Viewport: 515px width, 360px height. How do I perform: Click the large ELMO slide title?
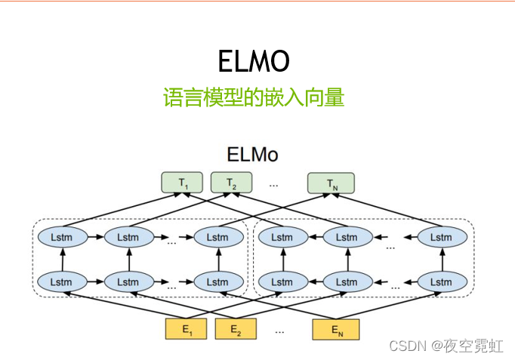pyautogui.click(x=254, y=61)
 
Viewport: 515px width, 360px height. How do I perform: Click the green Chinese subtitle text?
pyautogui.click(x=254, y=97)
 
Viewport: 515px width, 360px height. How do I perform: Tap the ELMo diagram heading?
pyautogui.click(x=252, y=155)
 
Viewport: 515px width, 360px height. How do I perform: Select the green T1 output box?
pyautogui.click(x=182, y=183)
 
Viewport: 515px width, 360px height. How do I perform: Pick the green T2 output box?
pyautogui.click(x=231, y=183)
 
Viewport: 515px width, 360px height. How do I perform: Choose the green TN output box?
pyautogui.click(x=331, y=183)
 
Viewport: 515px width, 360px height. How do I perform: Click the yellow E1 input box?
pyautogui.click(x=186, y=329)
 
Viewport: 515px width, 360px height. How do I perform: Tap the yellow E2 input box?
pyautogui.click(x=236, y=329)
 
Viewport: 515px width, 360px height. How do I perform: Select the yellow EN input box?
pyautogui.click(x=336, y=330)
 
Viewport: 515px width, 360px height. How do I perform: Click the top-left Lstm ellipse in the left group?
pyautogui.click(x=63, y=237)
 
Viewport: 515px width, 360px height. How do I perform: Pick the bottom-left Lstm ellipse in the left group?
pyautogui.click(x=63, y=282)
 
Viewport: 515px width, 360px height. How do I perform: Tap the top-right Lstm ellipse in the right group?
pyautogui.click(x=443, y=237)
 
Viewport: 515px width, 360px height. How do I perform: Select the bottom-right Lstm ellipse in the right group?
pyautogui.click(x=443, y=282)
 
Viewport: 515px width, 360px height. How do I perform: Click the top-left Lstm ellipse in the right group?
pyautogui.click(x=283, y=237)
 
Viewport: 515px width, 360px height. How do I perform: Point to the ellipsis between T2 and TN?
pyautogui.click(x=273, y=186)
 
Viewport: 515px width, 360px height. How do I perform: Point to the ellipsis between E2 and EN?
pyautogui.click(x=279, y=332)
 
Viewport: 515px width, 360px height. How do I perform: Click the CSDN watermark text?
pyautogui.click(x=446, y=346)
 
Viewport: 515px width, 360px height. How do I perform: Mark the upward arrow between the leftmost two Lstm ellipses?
pyautogui.click(x=63, y=260)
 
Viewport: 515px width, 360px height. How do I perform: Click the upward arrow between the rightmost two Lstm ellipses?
pyautogui.click(x=443, y=260)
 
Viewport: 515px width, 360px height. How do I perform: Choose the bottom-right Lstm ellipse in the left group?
pyautogui.click(x=219, y=282)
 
